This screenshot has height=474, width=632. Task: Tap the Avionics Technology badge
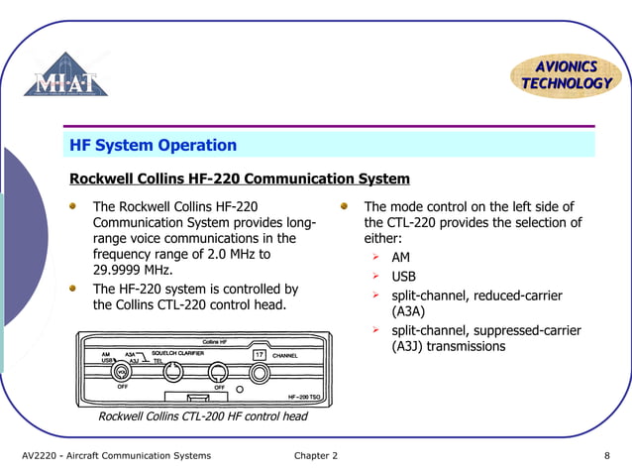click(x=566, y=74)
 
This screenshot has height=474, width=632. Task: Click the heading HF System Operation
click(x=153, y=146)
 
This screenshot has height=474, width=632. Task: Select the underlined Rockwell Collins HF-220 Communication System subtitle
click(x=239, y=179)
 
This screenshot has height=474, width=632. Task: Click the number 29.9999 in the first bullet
click(x=118, y=270)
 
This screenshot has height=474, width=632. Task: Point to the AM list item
click(x=400, y=258)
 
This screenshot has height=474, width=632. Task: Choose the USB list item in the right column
click(x=403, y=277)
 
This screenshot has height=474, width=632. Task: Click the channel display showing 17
click(x=260, y=354)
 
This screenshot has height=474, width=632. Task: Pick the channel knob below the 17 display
click(x=260, y=374)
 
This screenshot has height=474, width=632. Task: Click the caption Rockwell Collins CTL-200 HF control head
click(x=202, y=416)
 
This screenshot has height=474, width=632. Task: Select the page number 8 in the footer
click(x=606, y=456)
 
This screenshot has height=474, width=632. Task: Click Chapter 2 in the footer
click(x=315, y=456)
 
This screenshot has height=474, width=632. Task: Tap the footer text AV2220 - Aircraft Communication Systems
click(x=117, y=456)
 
